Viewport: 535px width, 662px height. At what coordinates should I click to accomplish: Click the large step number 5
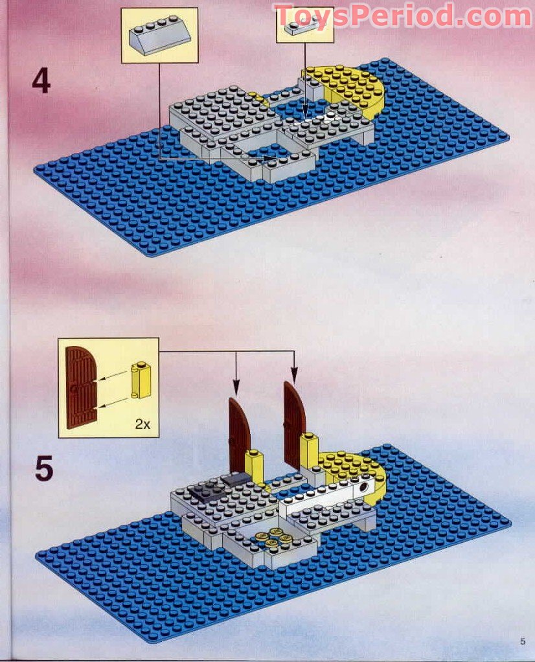coord(43,469)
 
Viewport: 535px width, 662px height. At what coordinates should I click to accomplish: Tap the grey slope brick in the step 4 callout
coord(159,34)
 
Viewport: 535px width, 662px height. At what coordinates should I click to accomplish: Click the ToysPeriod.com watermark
coord(402,16)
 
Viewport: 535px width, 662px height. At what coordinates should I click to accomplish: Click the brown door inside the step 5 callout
coord(80,387)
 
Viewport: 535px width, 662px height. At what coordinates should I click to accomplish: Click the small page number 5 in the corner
coord(522,641)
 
